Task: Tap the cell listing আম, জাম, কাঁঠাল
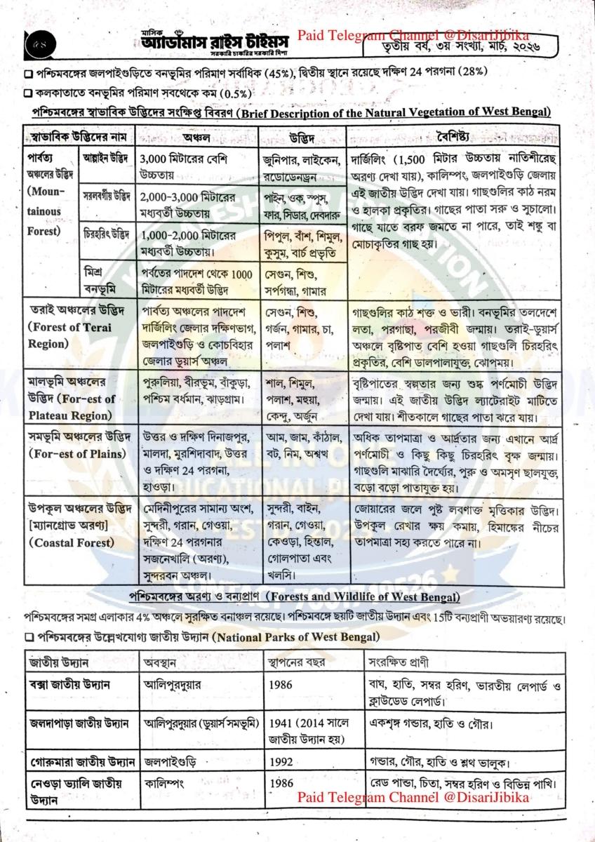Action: [301, 446]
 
